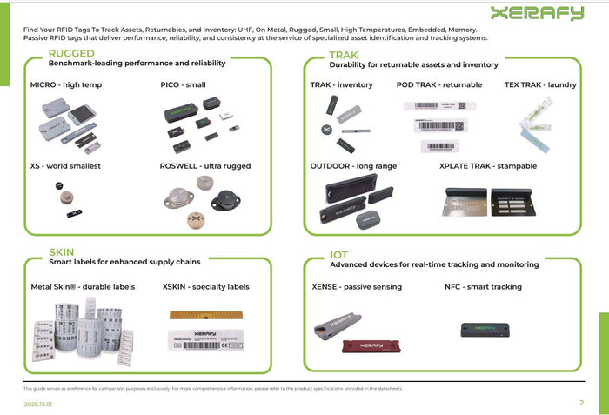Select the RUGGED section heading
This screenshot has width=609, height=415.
pos(71,54)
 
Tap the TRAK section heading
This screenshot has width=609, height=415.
pos(344,55)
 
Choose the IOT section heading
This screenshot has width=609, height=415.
pos(338,255)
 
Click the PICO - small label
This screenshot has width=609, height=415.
pos(183,85)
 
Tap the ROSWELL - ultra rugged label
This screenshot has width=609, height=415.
pos(204,165)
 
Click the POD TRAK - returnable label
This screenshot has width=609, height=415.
pos(440,85)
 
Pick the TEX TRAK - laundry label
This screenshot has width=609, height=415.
pos(540,85)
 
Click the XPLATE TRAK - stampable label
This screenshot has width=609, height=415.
pos(488,165)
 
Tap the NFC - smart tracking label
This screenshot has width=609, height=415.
pos(483,286)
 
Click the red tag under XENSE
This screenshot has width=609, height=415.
pos(368,346)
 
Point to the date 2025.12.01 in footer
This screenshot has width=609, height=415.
pos(39,405)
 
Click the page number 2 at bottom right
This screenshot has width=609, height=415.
pos(581,403)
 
